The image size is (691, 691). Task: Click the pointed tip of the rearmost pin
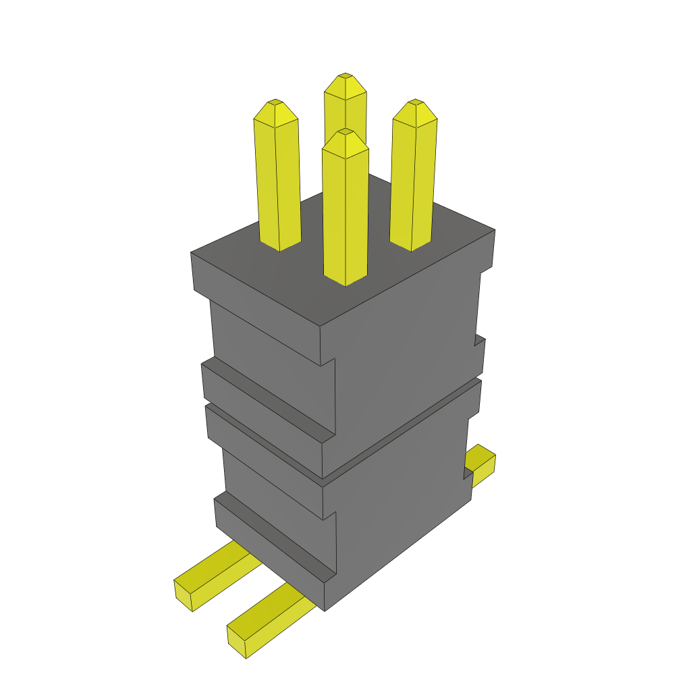(x=345, y=76)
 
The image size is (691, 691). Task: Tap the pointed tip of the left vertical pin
(x=275, y=103)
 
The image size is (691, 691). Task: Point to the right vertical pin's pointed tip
(x=415, y=103)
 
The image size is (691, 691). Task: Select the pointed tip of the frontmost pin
(x=345, y=133)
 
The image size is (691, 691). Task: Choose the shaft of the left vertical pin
(x=277, y=182)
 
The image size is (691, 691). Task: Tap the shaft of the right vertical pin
(x=413, y=182)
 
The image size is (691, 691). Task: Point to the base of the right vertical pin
(x=411, y=244)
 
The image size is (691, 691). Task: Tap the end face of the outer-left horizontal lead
(x=184, y=597)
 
